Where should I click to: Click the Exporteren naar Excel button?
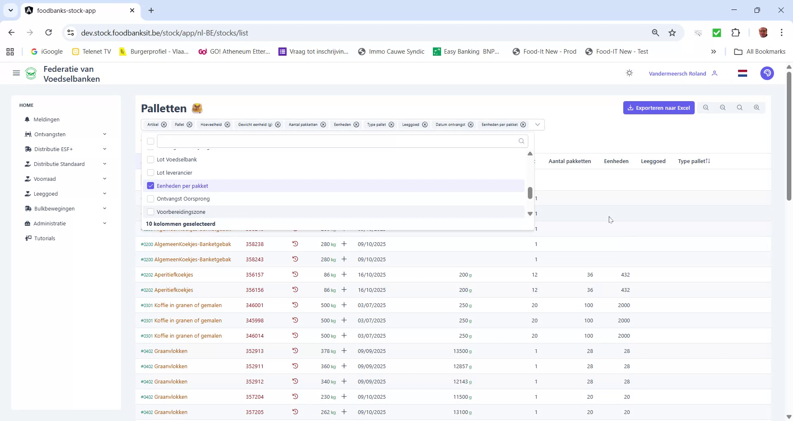[x=658, y=108]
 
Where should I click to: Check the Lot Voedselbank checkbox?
[x=151, y=160]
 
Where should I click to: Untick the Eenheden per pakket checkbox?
[x=151, y=186]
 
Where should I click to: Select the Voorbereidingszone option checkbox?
[x=151, y=212]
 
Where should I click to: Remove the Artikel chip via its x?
[x=164, y=125]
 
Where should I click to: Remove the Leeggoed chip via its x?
[x=425, y=125]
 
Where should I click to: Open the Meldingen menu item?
[x=46, y=120]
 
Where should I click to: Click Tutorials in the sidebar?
[x=45, y=239]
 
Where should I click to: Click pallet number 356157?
[x=254, y=275]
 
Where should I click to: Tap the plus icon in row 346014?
[x=344, y=336]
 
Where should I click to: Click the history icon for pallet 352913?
[x=295, y=351]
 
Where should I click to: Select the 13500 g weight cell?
[x=462, y=351]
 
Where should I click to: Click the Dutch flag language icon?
[x=742, y=73]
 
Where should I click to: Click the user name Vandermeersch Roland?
[x=677, y=74]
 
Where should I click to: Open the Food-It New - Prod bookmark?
[x=549, y=52]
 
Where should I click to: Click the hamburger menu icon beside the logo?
[x=17, y=73]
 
